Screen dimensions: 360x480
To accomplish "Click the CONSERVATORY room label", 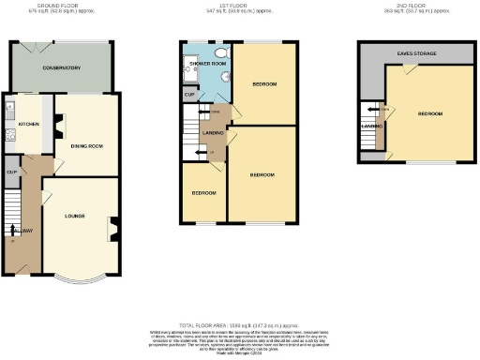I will click(61, 68).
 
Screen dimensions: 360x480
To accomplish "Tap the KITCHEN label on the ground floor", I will click(27, 123).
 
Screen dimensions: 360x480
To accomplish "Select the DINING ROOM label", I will click(86, 144).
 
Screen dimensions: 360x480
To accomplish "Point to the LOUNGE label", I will click(76, 217).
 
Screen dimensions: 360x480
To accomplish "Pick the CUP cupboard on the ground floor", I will click(12, 172).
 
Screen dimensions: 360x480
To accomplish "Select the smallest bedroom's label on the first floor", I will click(203, 193).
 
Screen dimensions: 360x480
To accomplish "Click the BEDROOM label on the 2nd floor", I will click(429, 113).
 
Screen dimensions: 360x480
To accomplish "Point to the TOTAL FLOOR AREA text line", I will click(239, 322).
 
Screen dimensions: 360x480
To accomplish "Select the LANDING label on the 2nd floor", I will click(369, 125).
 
